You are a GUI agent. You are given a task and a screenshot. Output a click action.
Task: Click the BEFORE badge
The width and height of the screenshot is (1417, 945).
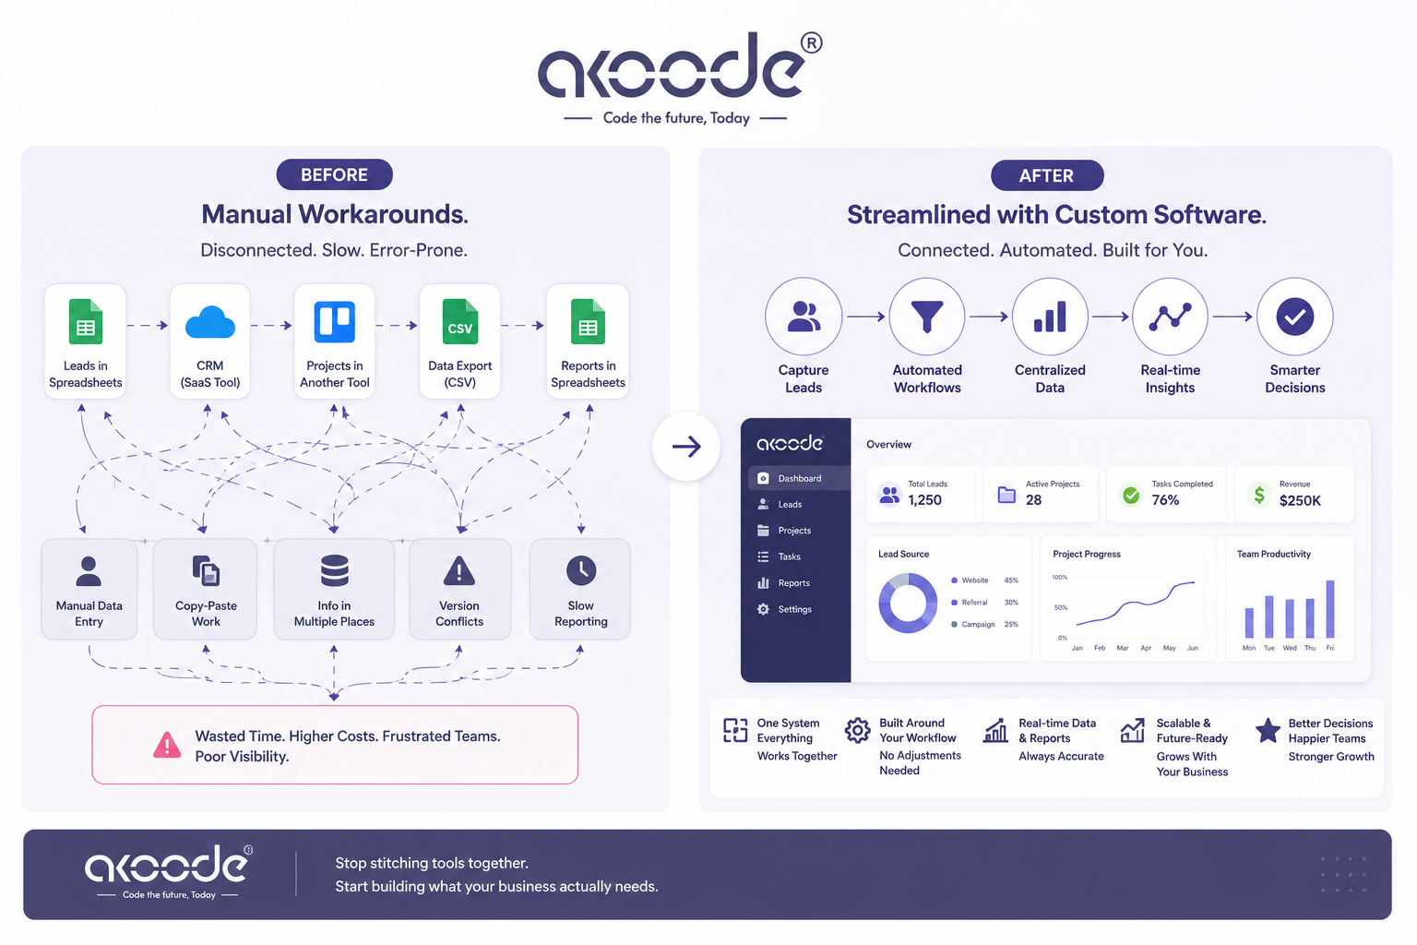pos(334,174)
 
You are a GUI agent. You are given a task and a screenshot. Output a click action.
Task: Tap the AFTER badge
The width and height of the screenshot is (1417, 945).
pos(1047,175)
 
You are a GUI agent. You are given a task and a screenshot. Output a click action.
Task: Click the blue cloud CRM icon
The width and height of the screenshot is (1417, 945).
pos(210,323)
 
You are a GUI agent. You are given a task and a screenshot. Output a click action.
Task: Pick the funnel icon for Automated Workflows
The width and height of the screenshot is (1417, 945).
pos(927,316)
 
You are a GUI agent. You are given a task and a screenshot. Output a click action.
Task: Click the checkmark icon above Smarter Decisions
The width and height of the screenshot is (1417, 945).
pos(1295,317)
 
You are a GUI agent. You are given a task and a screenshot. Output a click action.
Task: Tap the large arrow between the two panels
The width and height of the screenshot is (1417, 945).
pos(686,447)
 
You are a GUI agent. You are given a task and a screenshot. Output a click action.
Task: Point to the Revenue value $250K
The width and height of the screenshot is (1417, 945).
pos(1300,501)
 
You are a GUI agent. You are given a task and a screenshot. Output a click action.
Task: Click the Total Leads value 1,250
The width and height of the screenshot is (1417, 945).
pos(925,500)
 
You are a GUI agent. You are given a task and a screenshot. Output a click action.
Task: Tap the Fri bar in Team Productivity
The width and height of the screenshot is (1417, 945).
pos(1330,609)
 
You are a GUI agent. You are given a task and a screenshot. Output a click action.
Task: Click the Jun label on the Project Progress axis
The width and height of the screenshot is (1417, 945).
pos(1193,648)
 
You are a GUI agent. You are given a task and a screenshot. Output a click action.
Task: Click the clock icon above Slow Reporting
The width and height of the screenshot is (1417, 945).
pos(580,570)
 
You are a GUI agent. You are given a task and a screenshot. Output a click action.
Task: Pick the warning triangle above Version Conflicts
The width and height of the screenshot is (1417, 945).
pos(459,571)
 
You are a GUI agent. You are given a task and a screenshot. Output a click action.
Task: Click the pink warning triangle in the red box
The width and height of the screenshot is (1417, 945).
pos(167,745)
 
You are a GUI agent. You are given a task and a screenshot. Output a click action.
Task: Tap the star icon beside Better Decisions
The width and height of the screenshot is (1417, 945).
pos(1268,731)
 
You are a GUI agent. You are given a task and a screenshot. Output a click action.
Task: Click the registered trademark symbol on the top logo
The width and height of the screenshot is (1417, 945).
pos(812,43)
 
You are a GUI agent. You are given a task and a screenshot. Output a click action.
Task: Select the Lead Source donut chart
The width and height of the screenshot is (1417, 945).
pos(908,604)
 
